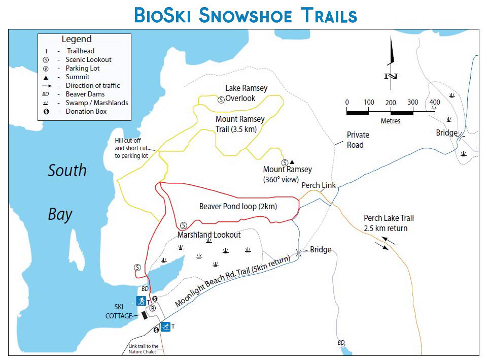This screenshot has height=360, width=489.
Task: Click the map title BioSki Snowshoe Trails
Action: (246, 15)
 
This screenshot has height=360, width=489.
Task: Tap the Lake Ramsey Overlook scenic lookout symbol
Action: (221, 100)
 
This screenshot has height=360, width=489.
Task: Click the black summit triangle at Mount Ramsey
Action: (292, 162)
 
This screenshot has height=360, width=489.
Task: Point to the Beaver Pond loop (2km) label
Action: (238, 206)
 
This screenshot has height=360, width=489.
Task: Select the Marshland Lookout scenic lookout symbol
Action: (184, 225)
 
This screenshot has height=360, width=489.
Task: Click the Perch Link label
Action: (318, 185)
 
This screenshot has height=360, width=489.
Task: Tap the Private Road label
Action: (358, 140)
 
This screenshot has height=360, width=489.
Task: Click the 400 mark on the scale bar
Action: (435, 103)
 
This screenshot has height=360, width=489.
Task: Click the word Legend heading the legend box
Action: (77, 39)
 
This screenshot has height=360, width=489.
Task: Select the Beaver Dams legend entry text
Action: (85, 94)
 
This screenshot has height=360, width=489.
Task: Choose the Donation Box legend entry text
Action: (86, 111)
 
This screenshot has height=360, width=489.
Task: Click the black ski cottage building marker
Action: (144, 315)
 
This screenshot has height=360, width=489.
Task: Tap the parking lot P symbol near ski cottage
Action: (152, 308)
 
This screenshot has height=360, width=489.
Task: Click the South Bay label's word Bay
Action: (60, 214)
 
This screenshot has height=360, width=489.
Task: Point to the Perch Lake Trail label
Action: (389, 223)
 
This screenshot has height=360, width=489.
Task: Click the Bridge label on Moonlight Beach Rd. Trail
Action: (321, 249)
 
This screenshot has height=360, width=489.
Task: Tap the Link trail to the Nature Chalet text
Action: (144, 349)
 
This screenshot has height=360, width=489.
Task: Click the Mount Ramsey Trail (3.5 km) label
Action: (239, 124)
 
